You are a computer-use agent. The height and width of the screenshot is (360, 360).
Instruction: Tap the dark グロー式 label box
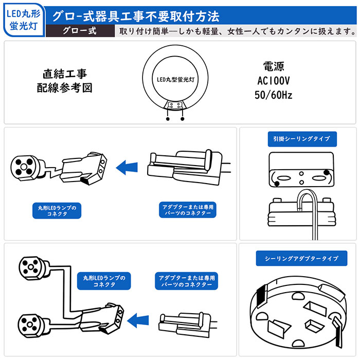80,30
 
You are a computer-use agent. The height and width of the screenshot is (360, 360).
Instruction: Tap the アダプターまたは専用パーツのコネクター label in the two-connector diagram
185,281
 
